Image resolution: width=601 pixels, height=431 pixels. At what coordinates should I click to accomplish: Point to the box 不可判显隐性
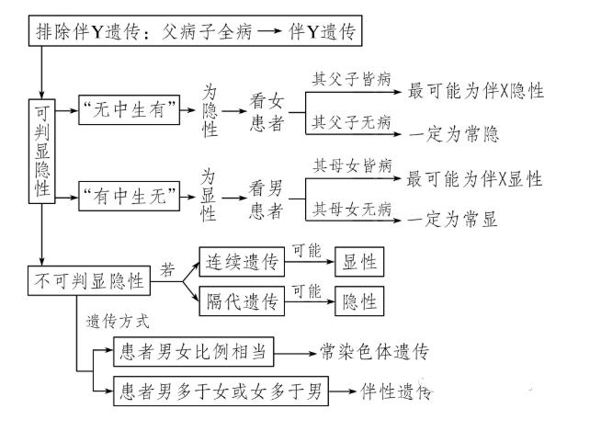coord(89,281)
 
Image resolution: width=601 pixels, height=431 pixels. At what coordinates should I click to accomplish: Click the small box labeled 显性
coord(358,262)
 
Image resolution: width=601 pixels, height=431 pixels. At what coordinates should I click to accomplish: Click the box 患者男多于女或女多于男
coord(221,392)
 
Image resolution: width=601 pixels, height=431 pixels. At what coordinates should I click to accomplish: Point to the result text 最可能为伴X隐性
coord(475,92)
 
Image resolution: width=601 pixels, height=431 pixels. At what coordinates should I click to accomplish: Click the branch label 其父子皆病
coord(348,77)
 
